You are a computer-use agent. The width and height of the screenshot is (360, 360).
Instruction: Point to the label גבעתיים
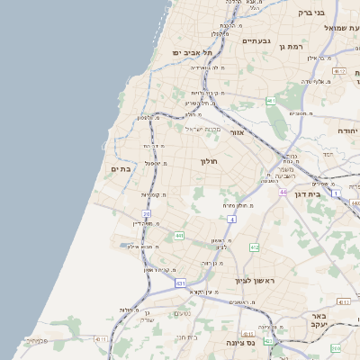pyautogui.click(x=256, y=40)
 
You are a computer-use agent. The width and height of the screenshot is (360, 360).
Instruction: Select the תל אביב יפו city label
pyautogui.click(x=191, y=53)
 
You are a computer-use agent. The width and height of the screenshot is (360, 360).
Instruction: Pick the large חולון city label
pyautogui.click(x=209, y=162)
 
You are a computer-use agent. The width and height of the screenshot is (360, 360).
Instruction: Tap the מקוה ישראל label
pyautogui.click(x=202, y=129)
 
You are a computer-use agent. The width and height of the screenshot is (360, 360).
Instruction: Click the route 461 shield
pyautogui.click(x=270, y=101)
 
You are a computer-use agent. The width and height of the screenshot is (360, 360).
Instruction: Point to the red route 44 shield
pyautogui.click(x=283, y=192)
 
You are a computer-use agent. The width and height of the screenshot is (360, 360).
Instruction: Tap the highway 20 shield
pyautogui.click(x=147, y=213)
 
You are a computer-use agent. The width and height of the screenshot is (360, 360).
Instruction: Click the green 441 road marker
pyautogui.click(x=179, y=236)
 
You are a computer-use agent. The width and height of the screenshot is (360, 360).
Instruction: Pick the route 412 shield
pyautogui.click(x=255, y=247)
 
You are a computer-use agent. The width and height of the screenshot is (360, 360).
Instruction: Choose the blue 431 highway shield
pyautogui.click(x=181, y=283)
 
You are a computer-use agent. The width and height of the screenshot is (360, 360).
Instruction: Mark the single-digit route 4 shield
pyautogui.click(x=232, y=219)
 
